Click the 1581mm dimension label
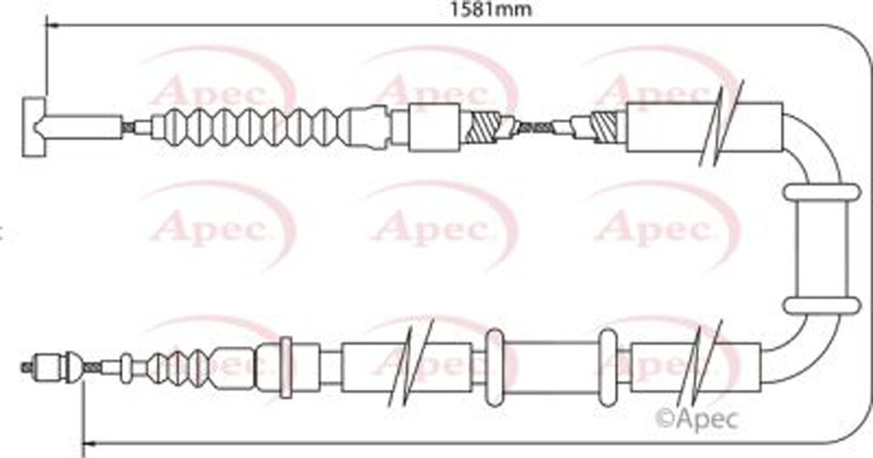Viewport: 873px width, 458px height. click(x=491, y=9)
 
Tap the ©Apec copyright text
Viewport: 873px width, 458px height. click(x=698, y=419)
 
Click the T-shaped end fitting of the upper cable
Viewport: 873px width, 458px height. click(x=35, y=126)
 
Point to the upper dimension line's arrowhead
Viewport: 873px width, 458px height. click(x=52, y=25)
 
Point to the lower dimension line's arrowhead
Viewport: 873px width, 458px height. click(x=89, y=443)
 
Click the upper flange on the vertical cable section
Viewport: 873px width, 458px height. click(x=821, y=192)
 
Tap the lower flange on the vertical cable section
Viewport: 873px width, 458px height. click(x=821, y=305)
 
